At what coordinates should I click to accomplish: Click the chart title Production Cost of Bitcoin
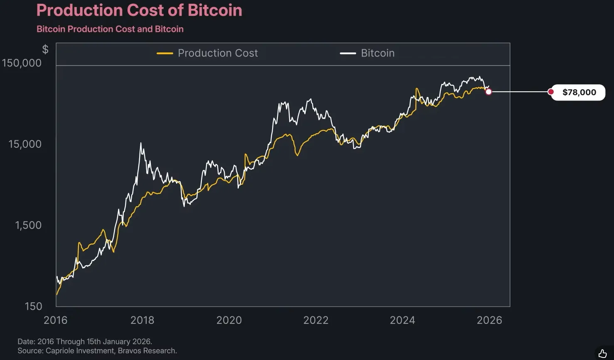139,10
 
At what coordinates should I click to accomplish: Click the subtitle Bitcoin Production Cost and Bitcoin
110,29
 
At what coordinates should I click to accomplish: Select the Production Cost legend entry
207,53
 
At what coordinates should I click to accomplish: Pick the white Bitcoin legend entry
367,53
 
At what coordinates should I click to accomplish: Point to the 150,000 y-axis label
22,63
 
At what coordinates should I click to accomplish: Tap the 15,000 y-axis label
25,144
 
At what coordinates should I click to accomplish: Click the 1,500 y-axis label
28,225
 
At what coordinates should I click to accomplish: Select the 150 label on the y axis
33,306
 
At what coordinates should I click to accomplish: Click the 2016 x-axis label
56,320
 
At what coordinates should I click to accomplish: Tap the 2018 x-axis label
142,320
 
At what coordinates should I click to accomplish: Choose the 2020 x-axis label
229,320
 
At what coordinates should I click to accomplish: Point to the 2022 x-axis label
316,320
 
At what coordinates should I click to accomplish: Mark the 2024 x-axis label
403,320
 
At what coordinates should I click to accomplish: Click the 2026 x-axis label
489,320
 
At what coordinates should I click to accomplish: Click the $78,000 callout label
579,92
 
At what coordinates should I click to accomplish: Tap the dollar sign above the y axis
45,49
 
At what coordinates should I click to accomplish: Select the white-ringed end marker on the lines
489,92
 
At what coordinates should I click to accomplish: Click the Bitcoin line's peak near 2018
141,143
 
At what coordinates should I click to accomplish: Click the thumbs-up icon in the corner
603,353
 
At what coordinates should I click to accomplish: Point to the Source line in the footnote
97,351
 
